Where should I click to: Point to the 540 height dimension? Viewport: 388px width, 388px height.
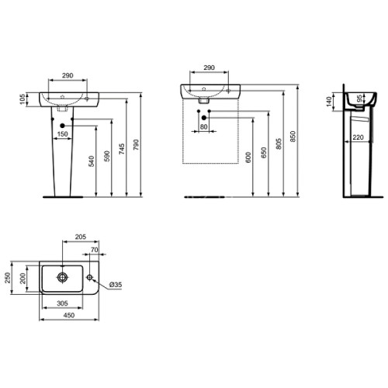[92, 161]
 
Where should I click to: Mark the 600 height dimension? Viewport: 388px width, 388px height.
[248, 156]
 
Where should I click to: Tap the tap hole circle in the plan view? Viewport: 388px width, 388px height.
[91, 277]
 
